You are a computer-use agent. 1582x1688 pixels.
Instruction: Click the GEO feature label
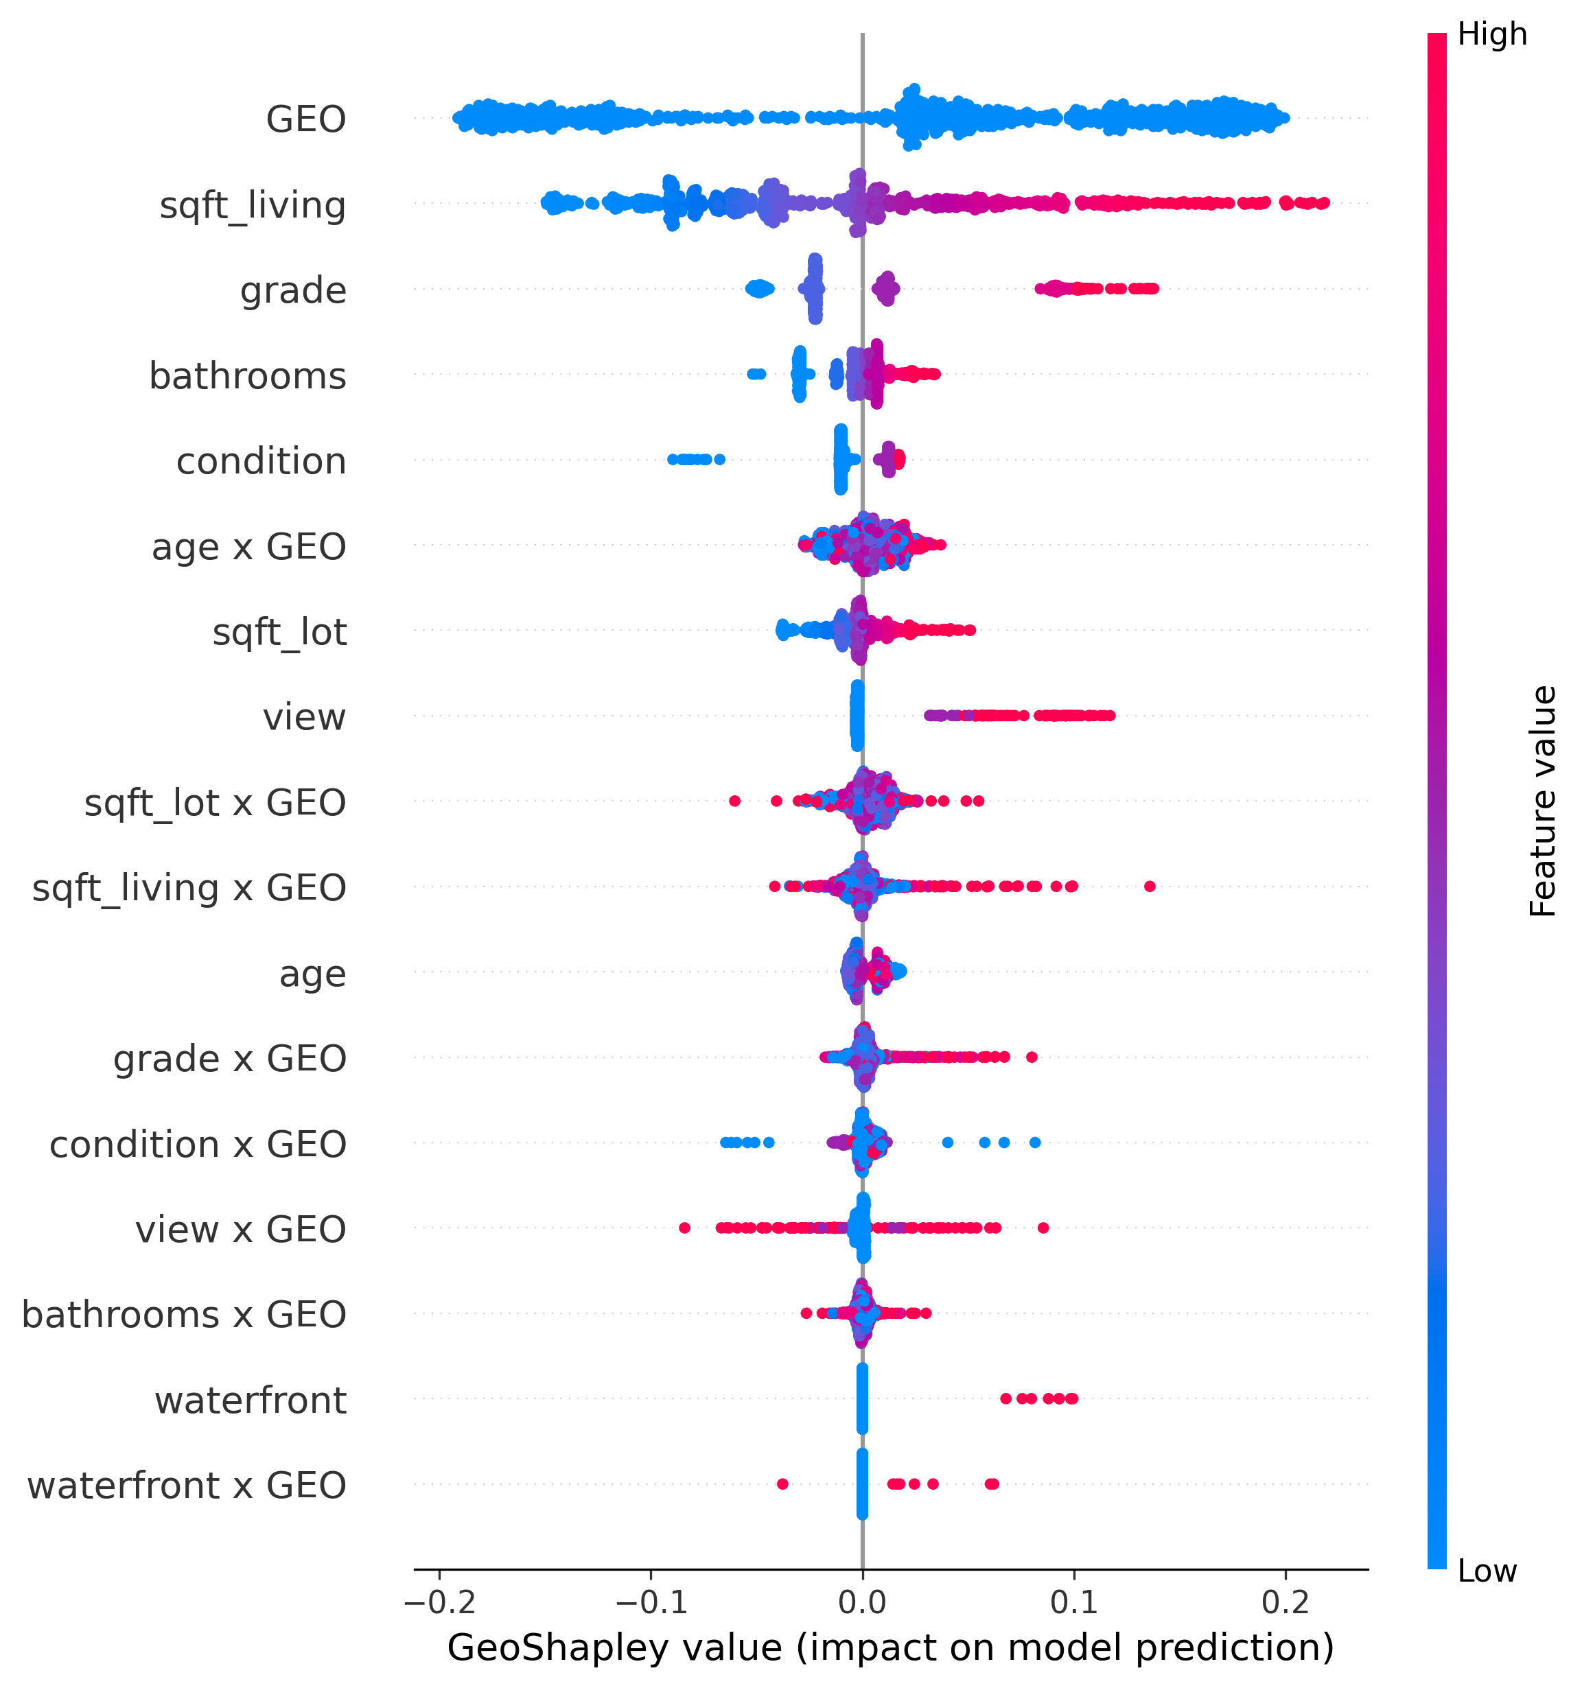(x=305, y=119)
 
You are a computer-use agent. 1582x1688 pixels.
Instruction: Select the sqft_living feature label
(x=253, y=205)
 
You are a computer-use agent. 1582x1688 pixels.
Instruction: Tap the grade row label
(x=293, y=290)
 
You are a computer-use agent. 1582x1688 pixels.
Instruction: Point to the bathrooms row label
(x=247, y=375)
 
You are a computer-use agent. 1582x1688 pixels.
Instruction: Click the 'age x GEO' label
(x=249, y=547)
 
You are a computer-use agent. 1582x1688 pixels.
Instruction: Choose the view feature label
(x=304, y=718)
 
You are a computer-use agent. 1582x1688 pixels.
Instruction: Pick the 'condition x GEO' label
(x=198, y=1145)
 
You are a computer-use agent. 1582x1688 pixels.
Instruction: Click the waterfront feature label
(x=251, y=1400)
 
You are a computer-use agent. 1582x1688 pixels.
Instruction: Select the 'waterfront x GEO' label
(x=187, y=1486)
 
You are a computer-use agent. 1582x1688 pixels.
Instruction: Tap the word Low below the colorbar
(x=1487, y=1571)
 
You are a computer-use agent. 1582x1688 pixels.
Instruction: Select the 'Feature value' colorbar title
(x=1543, y=801)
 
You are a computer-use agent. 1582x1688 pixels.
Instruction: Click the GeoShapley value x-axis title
(x=890, y=1648)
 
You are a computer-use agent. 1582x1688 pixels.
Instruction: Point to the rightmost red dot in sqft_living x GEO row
(x=1150, y=887)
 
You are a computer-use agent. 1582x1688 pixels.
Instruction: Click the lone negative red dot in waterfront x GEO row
(x=782, y=1484)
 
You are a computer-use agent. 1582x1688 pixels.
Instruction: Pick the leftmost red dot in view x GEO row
(x=684, y=1228)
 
